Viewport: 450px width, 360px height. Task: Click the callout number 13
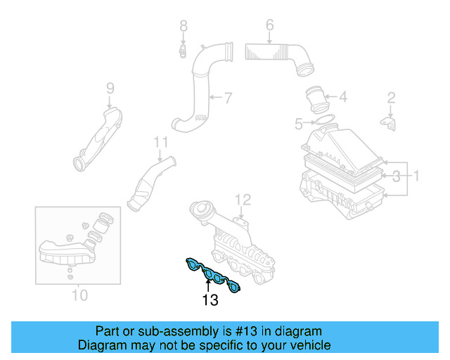point(210,300)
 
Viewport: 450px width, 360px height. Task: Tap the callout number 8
point(184,27)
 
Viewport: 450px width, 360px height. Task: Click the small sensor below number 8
point(182,51)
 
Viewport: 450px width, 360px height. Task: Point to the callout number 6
point(269,27)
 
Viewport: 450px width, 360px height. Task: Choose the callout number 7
point(228,96)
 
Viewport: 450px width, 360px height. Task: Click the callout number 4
point(342,97)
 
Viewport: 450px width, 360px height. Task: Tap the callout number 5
point(299,124)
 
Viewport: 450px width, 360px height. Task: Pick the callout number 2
point(392,98)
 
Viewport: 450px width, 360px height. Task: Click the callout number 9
point(110,88)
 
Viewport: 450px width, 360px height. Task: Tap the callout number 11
point(162,143)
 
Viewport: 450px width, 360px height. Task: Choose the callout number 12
point(243,199)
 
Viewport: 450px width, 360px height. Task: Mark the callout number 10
point(80,295)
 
